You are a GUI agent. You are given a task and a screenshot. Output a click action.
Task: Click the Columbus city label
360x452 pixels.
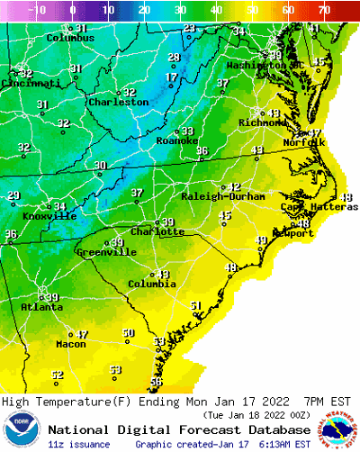[x=70, y=39]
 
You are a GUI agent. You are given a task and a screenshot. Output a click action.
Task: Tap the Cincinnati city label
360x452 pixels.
[x=31, y=83]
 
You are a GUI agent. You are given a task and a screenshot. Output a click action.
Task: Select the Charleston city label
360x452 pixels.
[x=118, y=103]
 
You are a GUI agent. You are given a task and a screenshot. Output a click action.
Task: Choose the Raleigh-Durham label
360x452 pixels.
[x=229, y=196]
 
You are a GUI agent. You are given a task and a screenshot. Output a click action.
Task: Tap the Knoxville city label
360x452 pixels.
[x=49, y=216]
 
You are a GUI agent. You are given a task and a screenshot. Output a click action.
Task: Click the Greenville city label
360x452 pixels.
[x=105, y=252]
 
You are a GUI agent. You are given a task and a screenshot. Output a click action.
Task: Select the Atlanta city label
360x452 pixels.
[x=41, y=307]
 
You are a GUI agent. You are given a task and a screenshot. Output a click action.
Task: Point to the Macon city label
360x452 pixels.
[x=70, y=344]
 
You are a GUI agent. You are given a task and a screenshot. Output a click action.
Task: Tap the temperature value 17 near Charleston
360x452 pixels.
[x=170, y=78]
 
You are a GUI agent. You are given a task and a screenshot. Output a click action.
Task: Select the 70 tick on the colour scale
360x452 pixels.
[x=324, y=10]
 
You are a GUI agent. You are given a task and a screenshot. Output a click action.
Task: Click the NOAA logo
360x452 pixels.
[x=22, y=430]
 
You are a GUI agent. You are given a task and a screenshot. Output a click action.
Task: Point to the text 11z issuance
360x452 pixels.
[x=79, y=445]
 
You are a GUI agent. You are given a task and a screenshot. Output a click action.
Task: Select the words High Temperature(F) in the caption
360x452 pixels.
[x=56, y=402]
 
